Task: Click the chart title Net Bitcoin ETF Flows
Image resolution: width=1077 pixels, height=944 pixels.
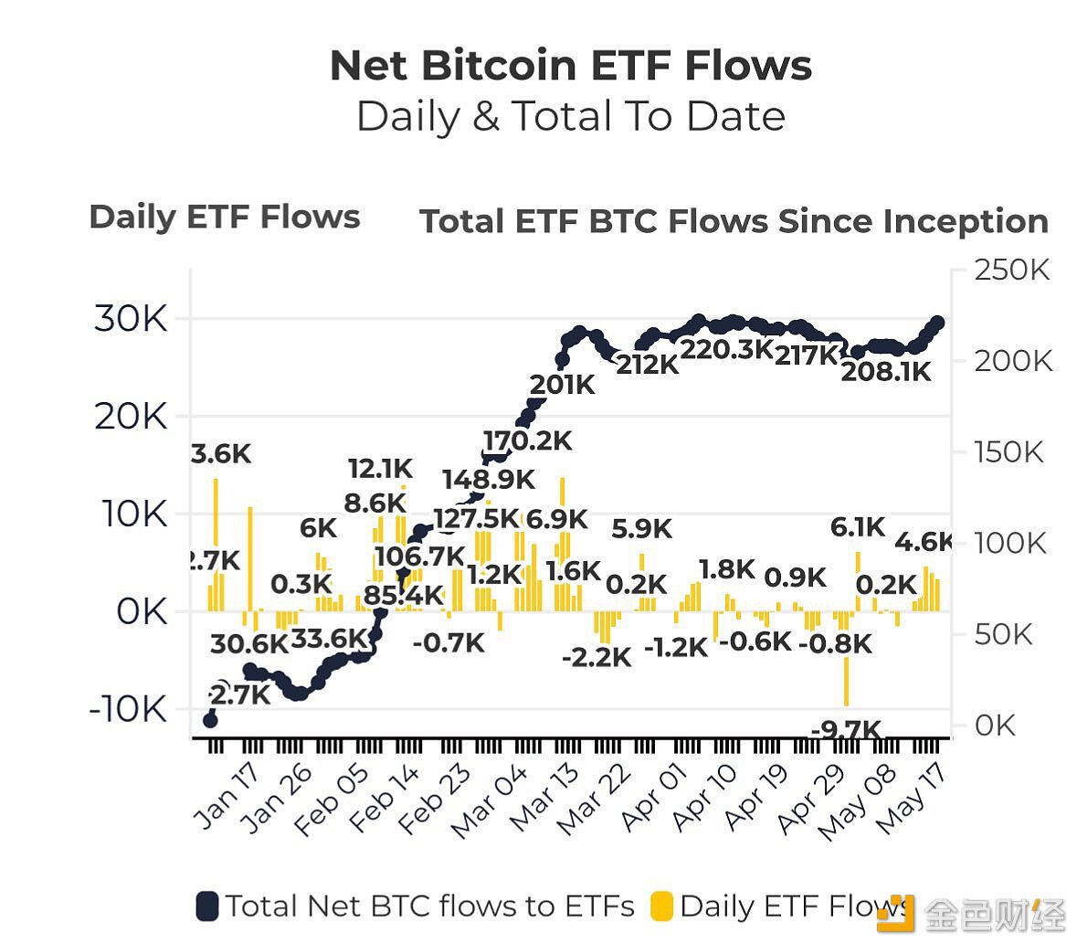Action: click(570, 66)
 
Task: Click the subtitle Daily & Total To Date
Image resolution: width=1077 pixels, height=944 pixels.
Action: click(570, 117)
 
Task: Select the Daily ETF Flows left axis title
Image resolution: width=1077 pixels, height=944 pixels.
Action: click(225, 217)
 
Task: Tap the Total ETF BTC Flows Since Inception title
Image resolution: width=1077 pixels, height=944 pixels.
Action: click(734, 221)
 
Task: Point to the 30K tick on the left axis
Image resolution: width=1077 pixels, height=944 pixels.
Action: click(131, 319)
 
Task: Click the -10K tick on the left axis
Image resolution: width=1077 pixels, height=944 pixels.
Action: click(128, 709)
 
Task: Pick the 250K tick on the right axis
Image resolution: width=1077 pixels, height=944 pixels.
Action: click(1012, 270)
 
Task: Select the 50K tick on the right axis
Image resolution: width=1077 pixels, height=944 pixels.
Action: click(1003, 634)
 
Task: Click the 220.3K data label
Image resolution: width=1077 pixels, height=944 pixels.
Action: click(727, 349)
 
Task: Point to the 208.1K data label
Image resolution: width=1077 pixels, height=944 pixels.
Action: click(885, 371)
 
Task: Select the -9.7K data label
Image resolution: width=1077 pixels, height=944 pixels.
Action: click(846, 730)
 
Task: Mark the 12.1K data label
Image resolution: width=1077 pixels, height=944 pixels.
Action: click(380, 470)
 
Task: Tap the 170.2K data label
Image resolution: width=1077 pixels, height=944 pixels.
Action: click(527, 441)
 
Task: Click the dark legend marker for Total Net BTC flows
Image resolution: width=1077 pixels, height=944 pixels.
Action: click(207, 907)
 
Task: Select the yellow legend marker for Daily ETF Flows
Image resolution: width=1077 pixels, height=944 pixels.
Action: click(661, 907)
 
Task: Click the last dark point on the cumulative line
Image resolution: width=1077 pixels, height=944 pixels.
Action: click(937, 323)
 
